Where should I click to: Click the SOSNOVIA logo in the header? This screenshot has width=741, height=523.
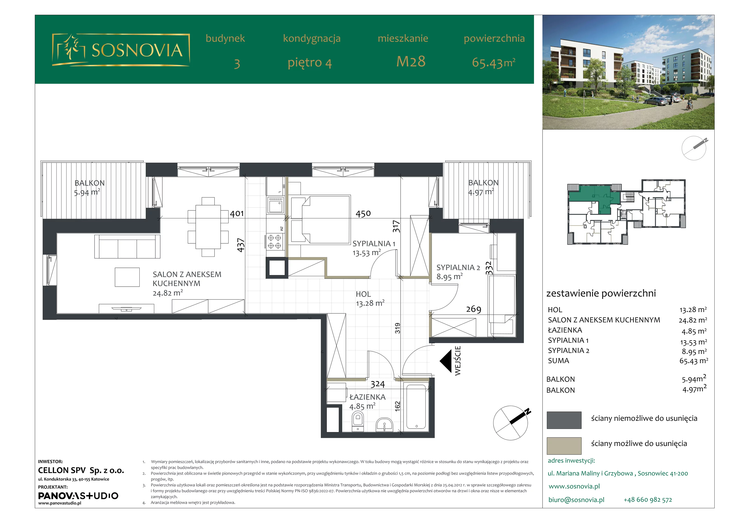point(121,50)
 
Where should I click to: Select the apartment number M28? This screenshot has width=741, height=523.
point(411,62)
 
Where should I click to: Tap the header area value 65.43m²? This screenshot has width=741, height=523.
point(493,62)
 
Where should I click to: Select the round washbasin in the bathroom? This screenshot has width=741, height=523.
point(384,425)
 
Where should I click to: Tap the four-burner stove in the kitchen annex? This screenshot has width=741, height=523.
point(275,242)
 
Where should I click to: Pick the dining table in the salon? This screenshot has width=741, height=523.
point(208,227)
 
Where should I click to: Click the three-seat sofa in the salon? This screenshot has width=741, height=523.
point(127,246)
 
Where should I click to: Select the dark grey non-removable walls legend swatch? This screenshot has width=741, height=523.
point(564,420)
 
